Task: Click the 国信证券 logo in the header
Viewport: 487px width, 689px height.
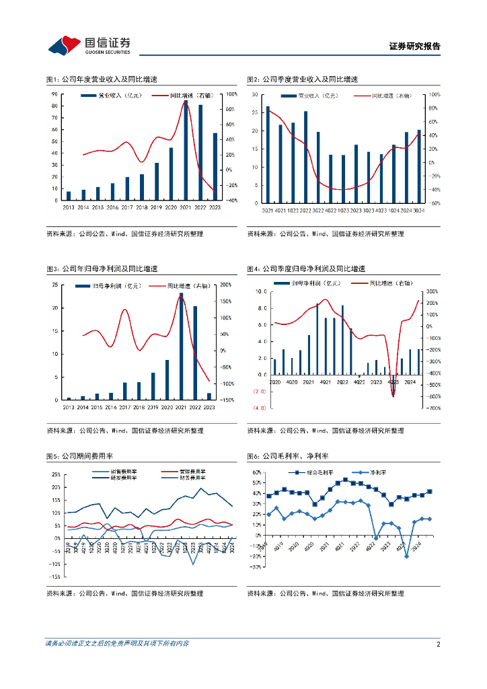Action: coord(89,46)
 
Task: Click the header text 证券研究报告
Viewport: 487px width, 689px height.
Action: coord(414,46)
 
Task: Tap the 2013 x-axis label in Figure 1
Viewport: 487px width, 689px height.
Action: coord(68,208)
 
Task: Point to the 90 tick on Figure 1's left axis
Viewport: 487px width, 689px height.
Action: coord(54,94)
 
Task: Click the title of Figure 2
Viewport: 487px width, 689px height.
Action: coord(302,79)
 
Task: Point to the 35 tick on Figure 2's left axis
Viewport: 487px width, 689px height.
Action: coord(255,94)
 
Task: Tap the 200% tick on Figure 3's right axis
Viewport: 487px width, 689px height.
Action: coord(225,285)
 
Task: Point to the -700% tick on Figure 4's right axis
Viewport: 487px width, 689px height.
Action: coord(433,408)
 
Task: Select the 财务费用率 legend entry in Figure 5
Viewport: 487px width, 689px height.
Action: coord(194,478)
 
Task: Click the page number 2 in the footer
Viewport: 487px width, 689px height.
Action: coord(438,644)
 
